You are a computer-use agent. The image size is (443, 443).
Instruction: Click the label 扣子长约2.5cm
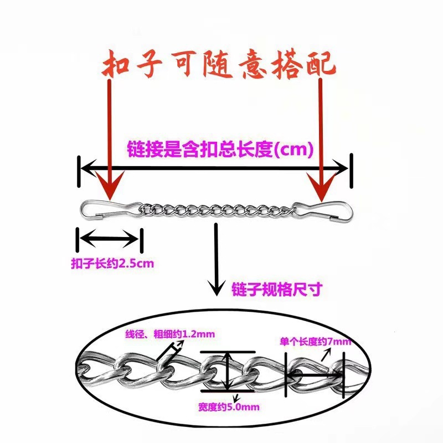112,263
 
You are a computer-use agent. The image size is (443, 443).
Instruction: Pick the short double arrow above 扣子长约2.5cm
109,240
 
